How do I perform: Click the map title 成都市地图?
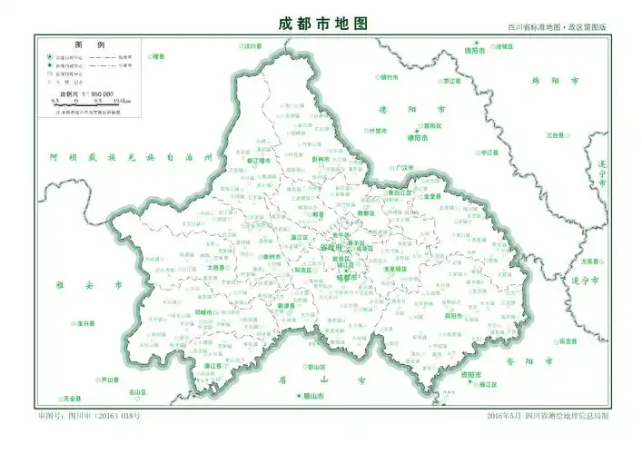[x=322, y=24]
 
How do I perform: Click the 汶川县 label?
[x=251, y=44]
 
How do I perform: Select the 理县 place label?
[x=160, y=56]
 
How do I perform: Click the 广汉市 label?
[x=404, y=168]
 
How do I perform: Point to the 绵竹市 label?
[x=390, y=76]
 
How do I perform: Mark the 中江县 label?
[x=490, y=152]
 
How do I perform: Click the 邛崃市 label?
[x=206, y=311]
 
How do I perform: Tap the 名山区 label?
[x=137, y=392]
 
